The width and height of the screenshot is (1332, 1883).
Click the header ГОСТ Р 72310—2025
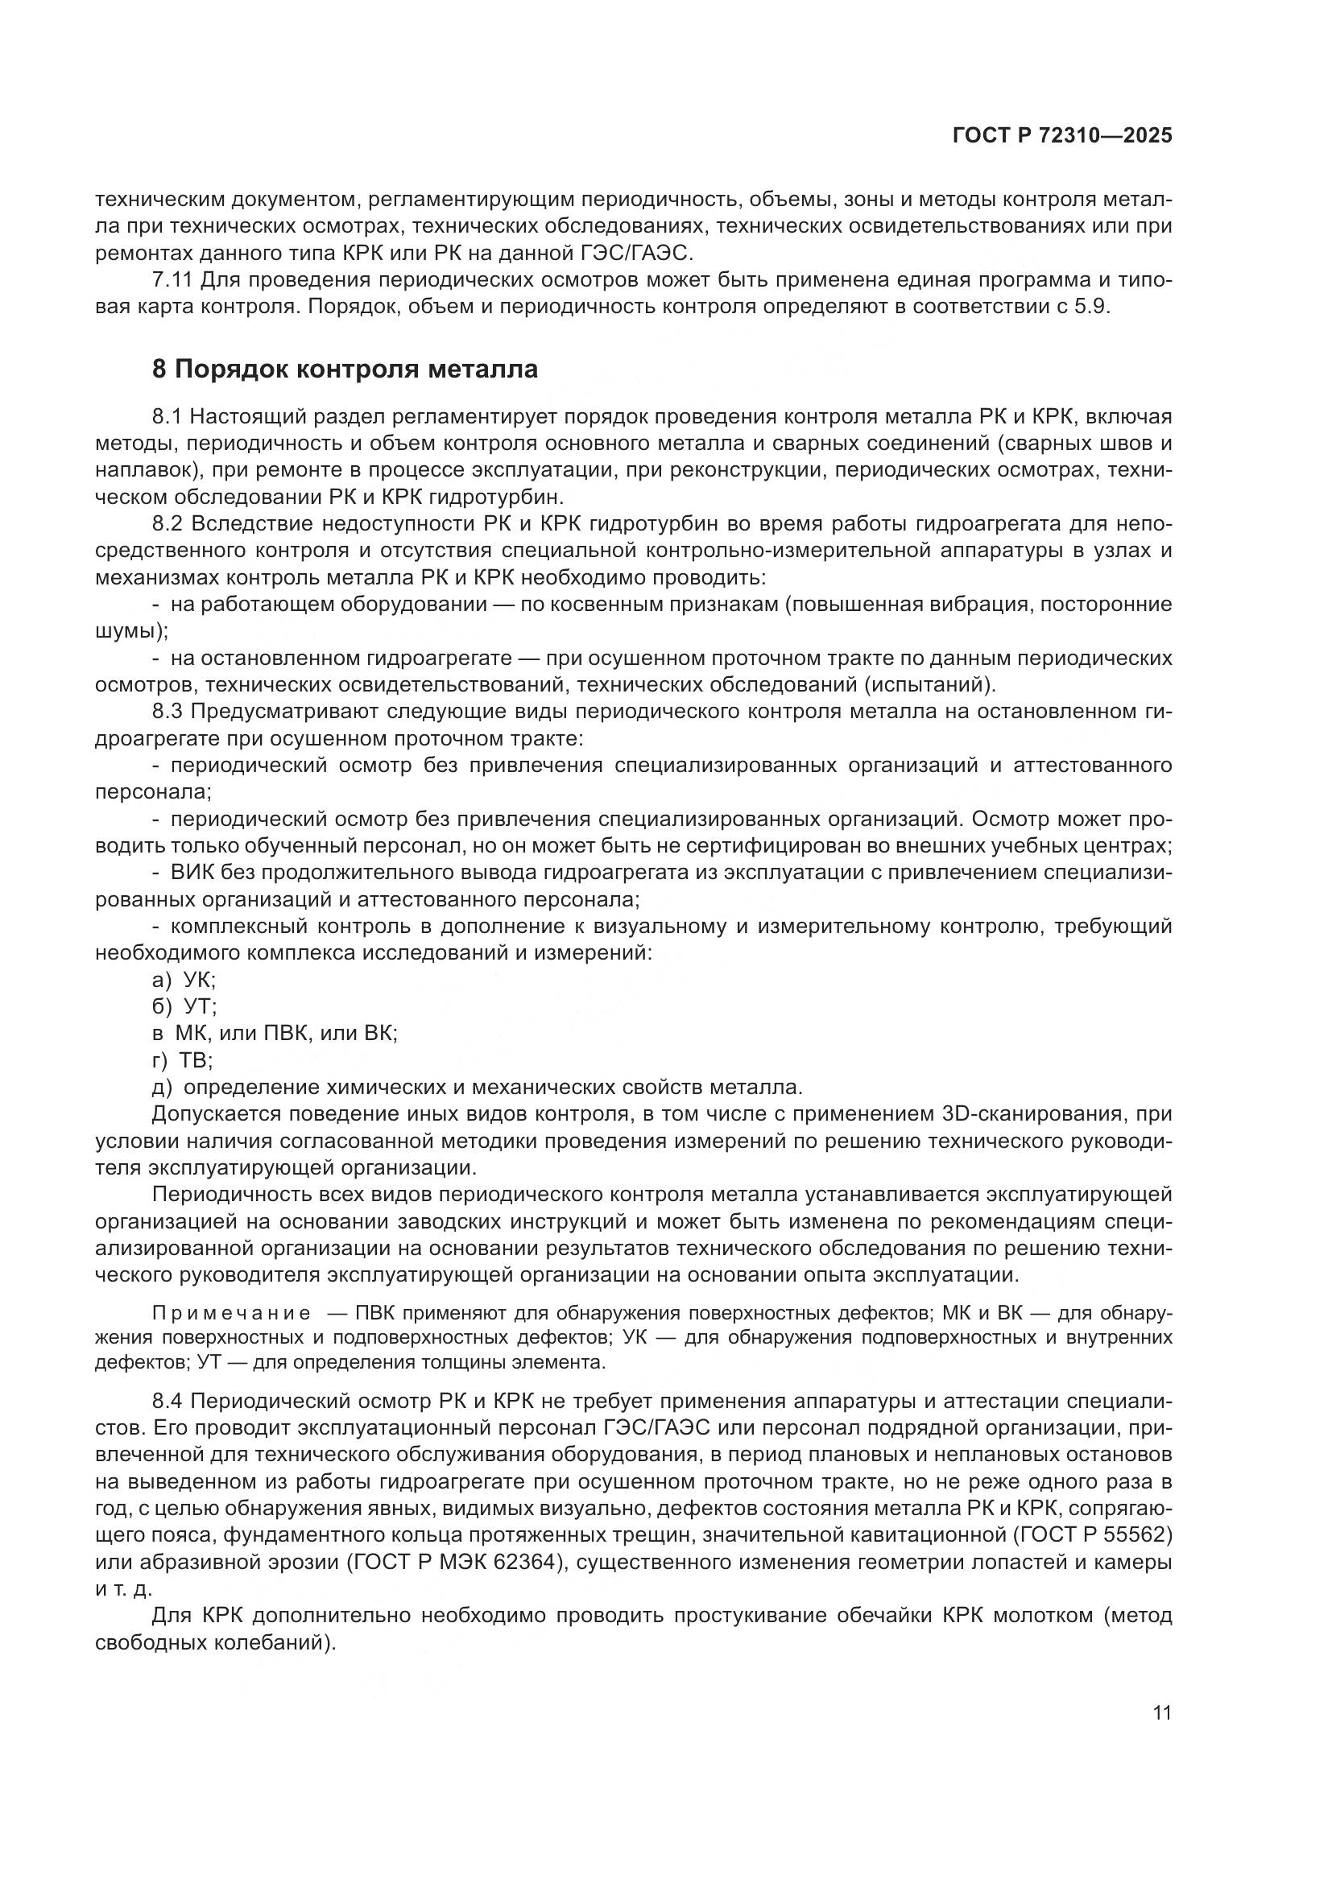(1062, 136)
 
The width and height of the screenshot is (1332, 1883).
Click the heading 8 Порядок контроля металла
(345, 369)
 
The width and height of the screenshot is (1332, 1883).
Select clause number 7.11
(172, 280)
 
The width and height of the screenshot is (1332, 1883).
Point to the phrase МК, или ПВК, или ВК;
(286, 1034)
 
